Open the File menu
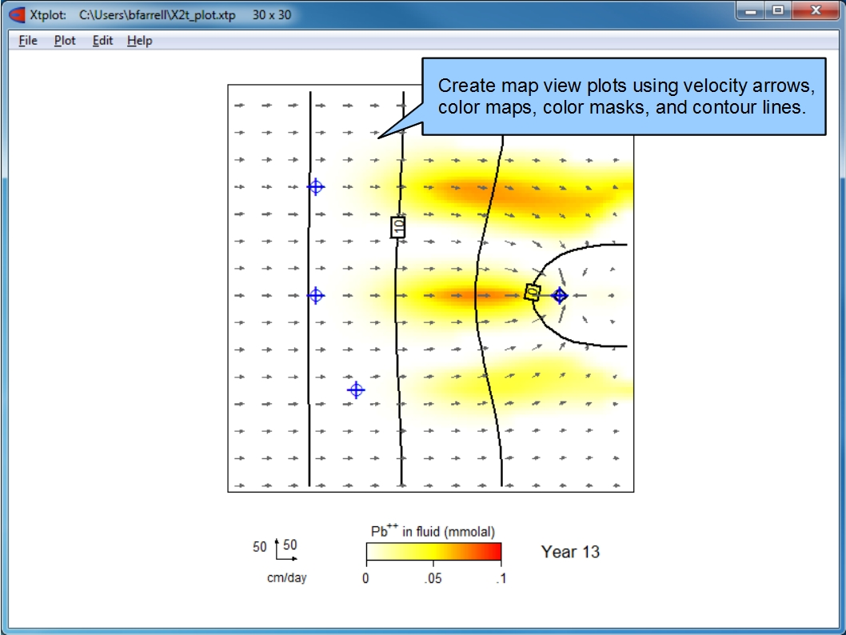pos(28,41)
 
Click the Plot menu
pos(65,41)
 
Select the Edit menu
pos(102,41)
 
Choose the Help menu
pos(140,41)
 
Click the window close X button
pos(816,10)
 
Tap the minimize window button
pos(751,10)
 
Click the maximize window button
pos(778,10)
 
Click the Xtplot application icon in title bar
pos(18,14)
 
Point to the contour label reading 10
pos(398,227)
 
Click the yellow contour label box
pos(533,293)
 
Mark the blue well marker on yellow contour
pos(560,295)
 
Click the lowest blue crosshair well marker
pos(356,389)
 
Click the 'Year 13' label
pos(570,552)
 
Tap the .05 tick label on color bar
pos(433,578)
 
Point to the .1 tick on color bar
pos(501,578)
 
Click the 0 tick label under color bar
pos(365,578)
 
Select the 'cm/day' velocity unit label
pos(286,577)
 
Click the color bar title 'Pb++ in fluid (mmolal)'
pos(433,531)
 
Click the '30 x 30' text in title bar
pos(272,14)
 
